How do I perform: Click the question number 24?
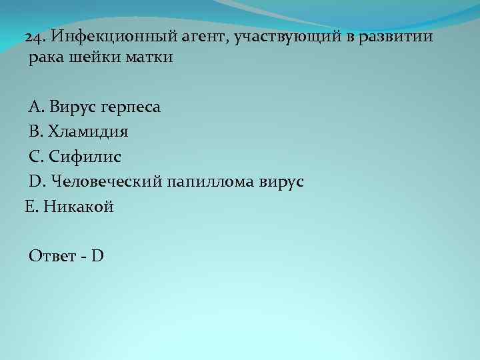pyautogui.click(x=35, y=36)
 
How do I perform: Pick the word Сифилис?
pyautogui.click(x=85, y=157)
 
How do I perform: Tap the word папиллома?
pyautogui.click(x=210, y=181)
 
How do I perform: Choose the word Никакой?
pyautogui.click(x=79, y=207)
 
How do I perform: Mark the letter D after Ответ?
pyautogui.click(x=97, y=255)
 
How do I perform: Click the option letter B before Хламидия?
pyautogui.click(x=35, y=132)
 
